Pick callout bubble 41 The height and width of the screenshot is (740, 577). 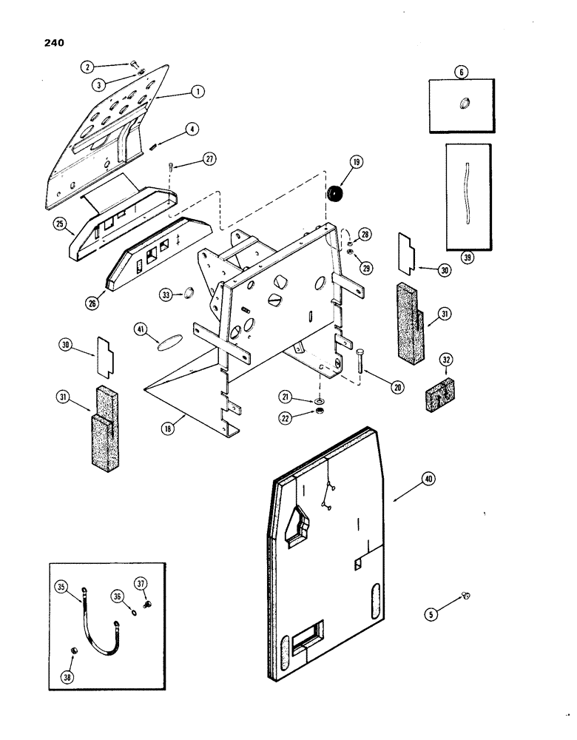click(x=141, y=329)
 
